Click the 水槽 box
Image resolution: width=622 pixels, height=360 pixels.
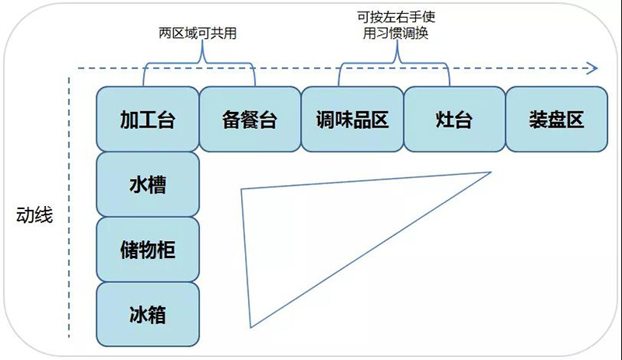click(148, 184)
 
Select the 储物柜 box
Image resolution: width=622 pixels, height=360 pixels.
click(148, 250)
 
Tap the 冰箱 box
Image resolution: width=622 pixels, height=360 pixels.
click(148, 315)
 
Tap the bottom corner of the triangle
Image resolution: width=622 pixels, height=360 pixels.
click(250, 327)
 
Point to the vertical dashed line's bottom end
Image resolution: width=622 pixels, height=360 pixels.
click(71, 337)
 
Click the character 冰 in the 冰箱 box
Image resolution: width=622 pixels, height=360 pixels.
click(137, 315)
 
